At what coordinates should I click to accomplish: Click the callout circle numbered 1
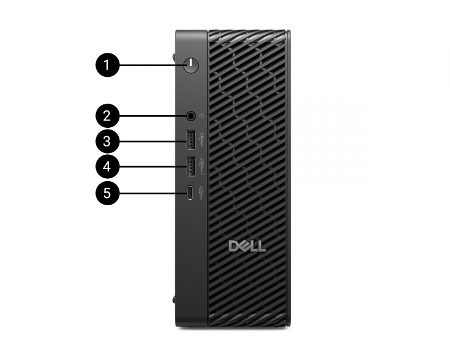point(107,65)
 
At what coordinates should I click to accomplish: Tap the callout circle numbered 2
point(107,115)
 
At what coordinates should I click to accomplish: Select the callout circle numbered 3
point(107,142)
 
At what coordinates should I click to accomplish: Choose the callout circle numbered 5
point(107,193)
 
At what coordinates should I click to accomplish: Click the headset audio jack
point(191,115)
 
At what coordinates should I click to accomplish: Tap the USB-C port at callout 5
point(190,193)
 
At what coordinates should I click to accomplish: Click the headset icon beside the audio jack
point(202,115)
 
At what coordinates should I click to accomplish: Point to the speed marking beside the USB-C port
point(202,192)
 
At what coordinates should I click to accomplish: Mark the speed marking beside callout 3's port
point(202,139)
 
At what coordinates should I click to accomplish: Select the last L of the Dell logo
point(262,246)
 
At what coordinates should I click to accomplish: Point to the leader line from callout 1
point(149,65)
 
